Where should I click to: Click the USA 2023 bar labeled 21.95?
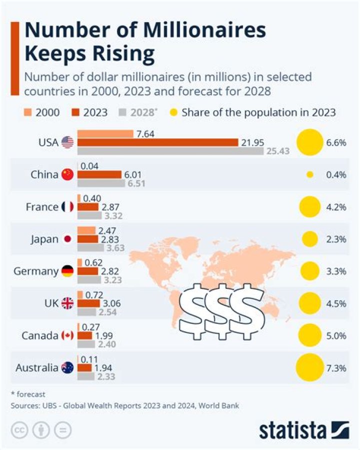click(157, 143)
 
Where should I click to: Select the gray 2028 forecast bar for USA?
click(170, 151)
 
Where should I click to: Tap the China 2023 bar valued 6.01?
click(100, 175)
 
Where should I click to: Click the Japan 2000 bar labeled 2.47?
click(86, 230)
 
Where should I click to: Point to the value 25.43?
click(279, 151)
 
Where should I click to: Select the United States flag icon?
click(67, 143)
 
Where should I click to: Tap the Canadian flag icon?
click(67, 335)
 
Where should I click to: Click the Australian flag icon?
click(67, 368)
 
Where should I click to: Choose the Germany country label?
click(34, 271)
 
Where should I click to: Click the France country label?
click(42, 207)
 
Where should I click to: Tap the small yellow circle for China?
click(309, 175)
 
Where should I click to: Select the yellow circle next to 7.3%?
click(309, 368)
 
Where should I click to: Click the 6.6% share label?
click(336, 143)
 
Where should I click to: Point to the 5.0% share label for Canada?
click(336, 335)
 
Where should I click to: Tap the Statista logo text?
click(292, 430)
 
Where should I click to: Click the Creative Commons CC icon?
click(19, 430)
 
